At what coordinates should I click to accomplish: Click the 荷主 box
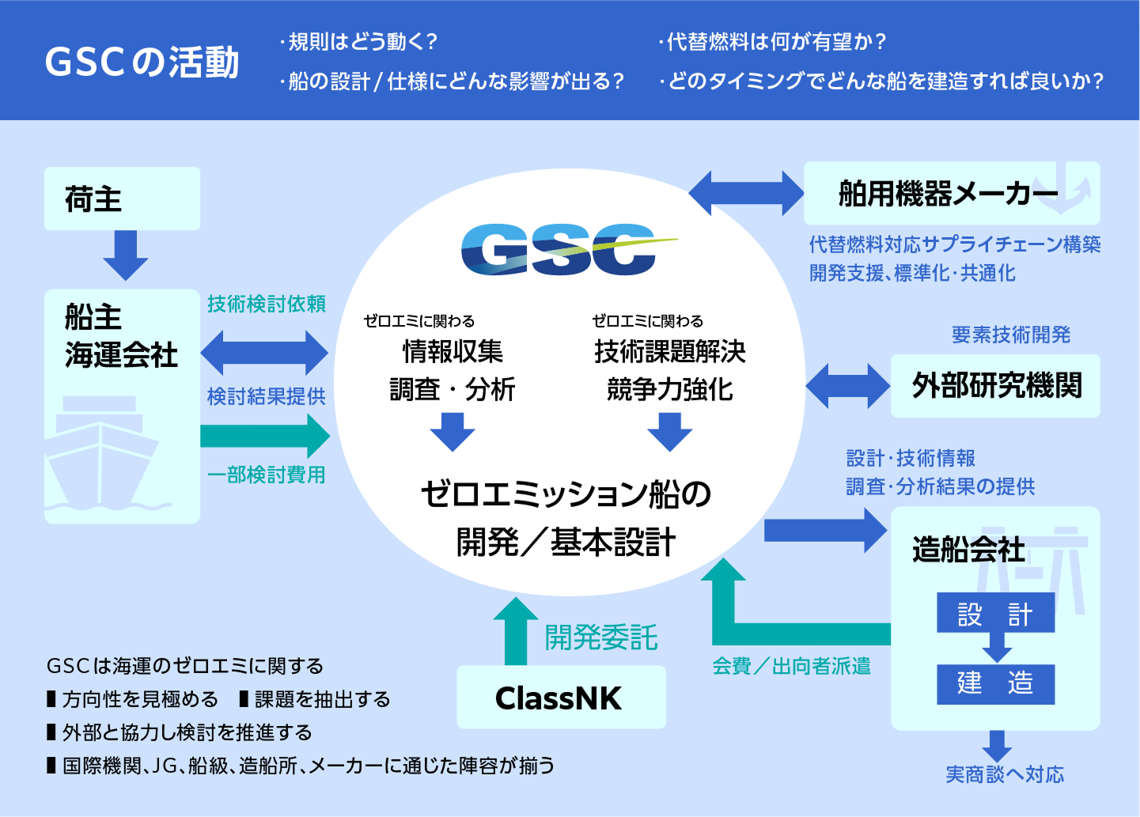coord(122,199)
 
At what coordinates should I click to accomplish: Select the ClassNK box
coord(561,697)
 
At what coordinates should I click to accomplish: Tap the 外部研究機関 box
coord(995,386)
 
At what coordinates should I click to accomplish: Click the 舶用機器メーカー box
coord(951,193)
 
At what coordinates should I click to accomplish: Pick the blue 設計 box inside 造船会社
coord(995,613)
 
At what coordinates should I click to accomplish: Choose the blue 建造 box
coord(995,684)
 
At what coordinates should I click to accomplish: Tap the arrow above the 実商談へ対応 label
coord(997,745)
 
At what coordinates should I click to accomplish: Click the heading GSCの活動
coord(142,62)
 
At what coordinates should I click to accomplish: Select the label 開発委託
coord(601,637)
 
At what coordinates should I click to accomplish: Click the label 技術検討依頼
coord(267,304)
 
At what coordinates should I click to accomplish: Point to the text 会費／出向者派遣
coord(791,666)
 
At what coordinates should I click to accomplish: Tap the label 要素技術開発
coord(1011,335)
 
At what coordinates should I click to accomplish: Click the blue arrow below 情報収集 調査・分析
coord(453,432)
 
